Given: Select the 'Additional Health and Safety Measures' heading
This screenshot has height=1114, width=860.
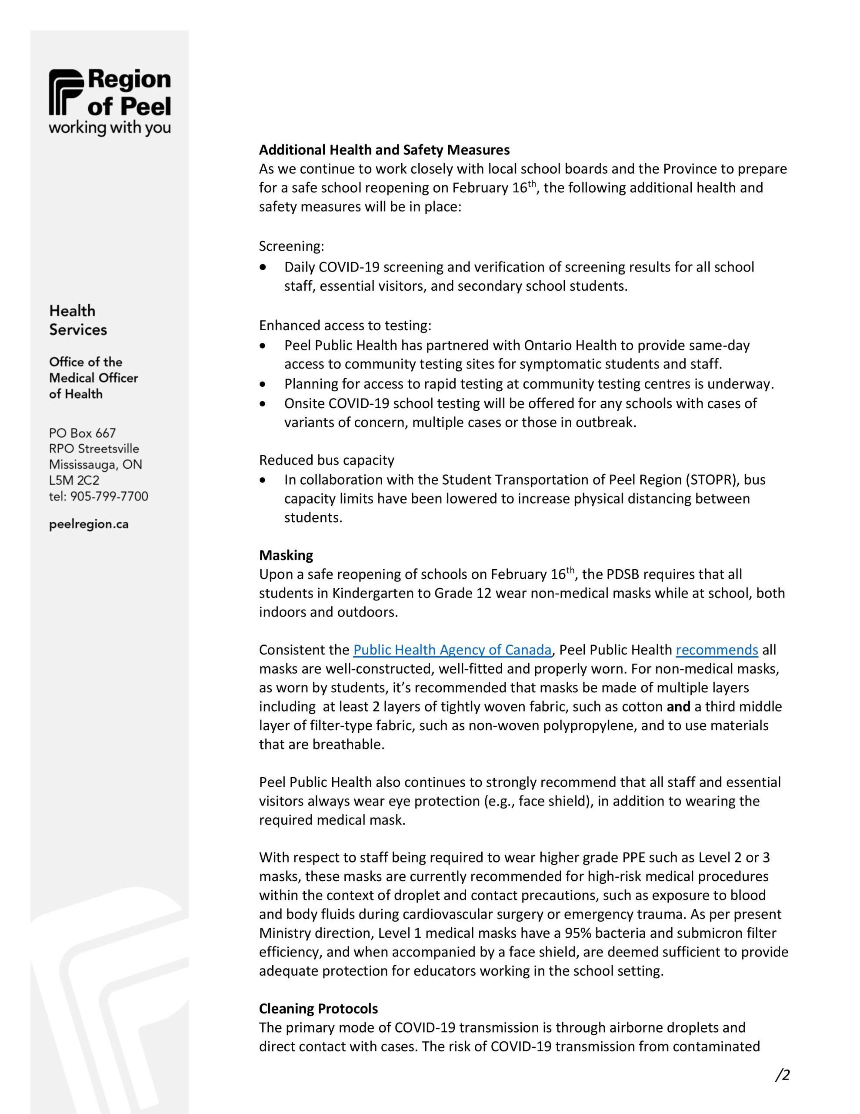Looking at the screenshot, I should click(384, 150).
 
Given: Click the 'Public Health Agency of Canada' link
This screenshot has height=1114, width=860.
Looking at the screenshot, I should click(452, 650).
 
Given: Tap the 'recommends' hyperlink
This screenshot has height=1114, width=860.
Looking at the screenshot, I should click(717, 650).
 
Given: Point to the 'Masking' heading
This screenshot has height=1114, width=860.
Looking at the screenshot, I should click(286, 555).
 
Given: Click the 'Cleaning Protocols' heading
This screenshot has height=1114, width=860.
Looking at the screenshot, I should click(318, 1008).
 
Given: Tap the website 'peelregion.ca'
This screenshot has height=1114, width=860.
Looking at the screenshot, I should click(89, 524).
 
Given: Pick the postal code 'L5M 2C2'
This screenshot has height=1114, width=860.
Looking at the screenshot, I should click(74, 480).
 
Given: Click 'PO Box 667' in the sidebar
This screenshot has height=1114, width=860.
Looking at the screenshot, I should click(82, 433).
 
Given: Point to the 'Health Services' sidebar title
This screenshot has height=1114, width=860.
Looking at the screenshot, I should click(78, 320).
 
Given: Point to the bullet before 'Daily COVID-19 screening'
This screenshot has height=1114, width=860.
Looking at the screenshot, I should click(263, 267).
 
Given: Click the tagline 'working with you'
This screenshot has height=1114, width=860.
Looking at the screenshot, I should click(110, 128).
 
